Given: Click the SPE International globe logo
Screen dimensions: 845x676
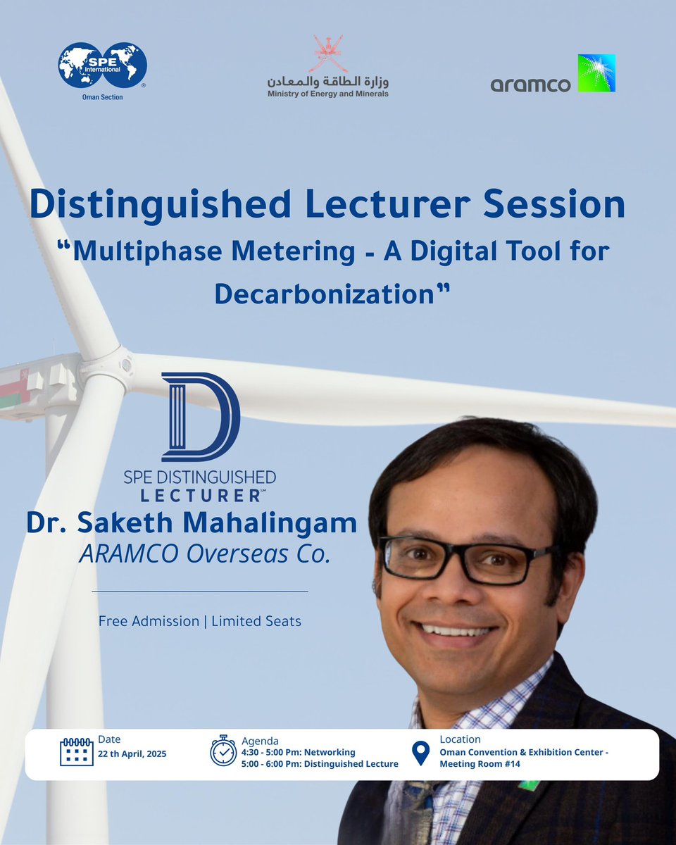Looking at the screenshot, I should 103,67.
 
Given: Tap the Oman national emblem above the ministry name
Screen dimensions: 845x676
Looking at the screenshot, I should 328,54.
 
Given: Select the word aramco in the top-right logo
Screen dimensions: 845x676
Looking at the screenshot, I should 530,84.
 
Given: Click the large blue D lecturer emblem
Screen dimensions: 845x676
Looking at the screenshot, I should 201,417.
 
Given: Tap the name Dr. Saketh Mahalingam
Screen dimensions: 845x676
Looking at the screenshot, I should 192,524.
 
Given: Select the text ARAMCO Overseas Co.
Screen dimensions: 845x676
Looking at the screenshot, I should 205,554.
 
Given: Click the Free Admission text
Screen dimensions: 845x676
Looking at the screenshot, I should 149,621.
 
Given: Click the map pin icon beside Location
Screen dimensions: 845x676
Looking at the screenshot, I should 420,752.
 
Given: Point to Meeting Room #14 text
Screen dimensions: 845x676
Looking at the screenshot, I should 480,765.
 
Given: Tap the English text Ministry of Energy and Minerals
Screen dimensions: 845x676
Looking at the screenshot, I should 327,94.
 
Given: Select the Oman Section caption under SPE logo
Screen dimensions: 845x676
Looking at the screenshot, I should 103,97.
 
